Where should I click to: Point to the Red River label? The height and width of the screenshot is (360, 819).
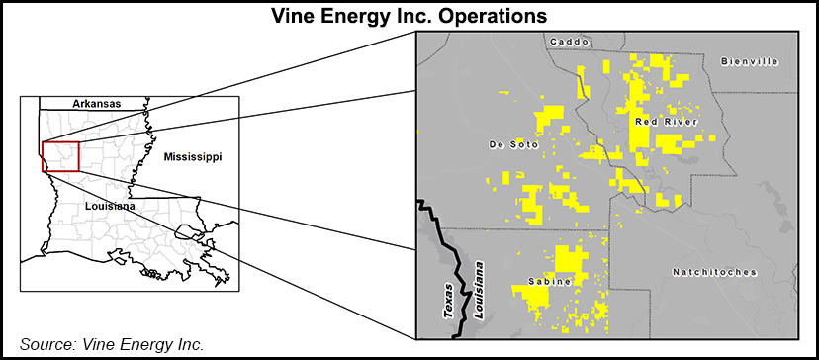click(x=666, y=122)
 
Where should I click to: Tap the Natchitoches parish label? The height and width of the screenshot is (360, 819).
click(x=713, y=272)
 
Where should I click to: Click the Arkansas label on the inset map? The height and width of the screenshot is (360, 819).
click(x=96, y=103)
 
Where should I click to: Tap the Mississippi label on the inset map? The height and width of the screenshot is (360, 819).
click(x=193, y=157)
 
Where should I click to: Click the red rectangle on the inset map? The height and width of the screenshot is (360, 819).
click(x=60, y=156)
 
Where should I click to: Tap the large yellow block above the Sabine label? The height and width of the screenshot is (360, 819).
click(x=570, y=259)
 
